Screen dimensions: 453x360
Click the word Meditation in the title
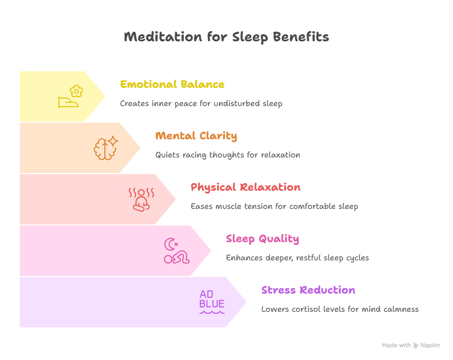click(x=163, y=36)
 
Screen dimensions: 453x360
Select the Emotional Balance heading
click(x=172, y=84)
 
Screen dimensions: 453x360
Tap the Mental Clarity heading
click(x=196, y=136)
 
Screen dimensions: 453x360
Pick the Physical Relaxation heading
click(x=246, y=187)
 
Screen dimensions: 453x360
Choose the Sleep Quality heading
click(x=262, y=238)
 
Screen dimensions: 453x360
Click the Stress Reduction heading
click(x=308, y=290)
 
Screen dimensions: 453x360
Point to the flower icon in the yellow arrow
click(x=76, y=91)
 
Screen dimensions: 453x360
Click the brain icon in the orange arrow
click(x=103, y=149)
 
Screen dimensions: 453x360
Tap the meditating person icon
click(x=141, y=200)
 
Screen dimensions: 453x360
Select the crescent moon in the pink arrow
click(x=169, y=244)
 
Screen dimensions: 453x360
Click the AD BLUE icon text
click(x=212, y=299)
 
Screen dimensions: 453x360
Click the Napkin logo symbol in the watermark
click(x=416, y=345)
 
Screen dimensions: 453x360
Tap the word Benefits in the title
click(x=301, y=36)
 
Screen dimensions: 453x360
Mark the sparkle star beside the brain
click(x=112, y=141)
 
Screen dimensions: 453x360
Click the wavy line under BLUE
click(x=212, y=312)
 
